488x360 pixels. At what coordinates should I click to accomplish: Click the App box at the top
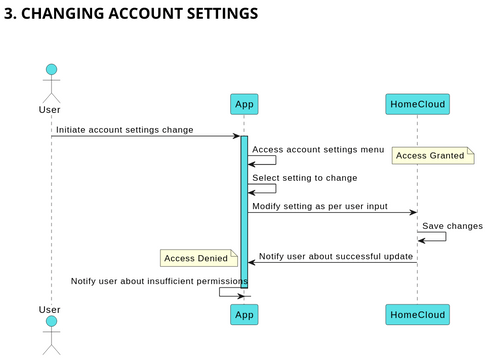pyautogui.click(x=244, y=104)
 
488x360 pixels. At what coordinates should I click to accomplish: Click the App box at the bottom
pyautogui.click(x=244, y=314)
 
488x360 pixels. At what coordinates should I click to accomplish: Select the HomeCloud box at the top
pyautogui.click(x=417, y=104)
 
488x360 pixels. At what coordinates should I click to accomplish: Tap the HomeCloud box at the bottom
pyautogui.click(x=417, y=314)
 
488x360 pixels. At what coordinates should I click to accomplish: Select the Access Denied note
pyautogui.click(x=199, y=258)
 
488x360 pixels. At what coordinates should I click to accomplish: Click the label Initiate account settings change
pyautogui.click(x=124, y=129)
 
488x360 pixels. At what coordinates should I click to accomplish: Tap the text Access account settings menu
pyautogui.click(x=317, y=150)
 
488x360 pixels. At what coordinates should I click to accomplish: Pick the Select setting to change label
pyautogui.click(x=304, y=178)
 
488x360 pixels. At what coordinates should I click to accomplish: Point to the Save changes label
pyautogui.click(x=452, y=226)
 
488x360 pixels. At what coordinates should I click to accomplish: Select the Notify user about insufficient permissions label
pyautogui.click(x=159, y=282)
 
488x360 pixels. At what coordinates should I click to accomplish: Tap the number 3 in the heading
pyautogui.click(x=10, y=14)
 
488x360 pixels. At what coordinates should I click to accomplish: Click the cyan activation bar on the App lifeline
pyautogui.click(x=244, y=210)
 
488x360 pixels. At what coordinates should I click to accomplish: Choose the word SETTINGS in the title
pyautogui.click(x=220, y=14)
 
